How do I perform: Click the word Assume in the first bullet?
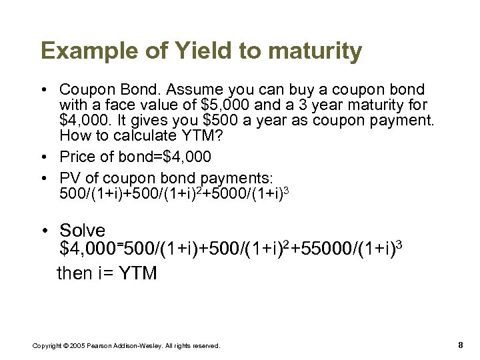point(201,89)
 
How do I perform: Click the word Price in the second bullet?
point(77,157)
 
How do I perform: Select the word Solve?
point(83,231)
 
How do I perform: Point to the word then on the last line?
point(75,273)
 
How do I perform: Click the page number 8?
point(461,345)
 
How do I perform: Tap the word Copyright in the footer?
point(44,345)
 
